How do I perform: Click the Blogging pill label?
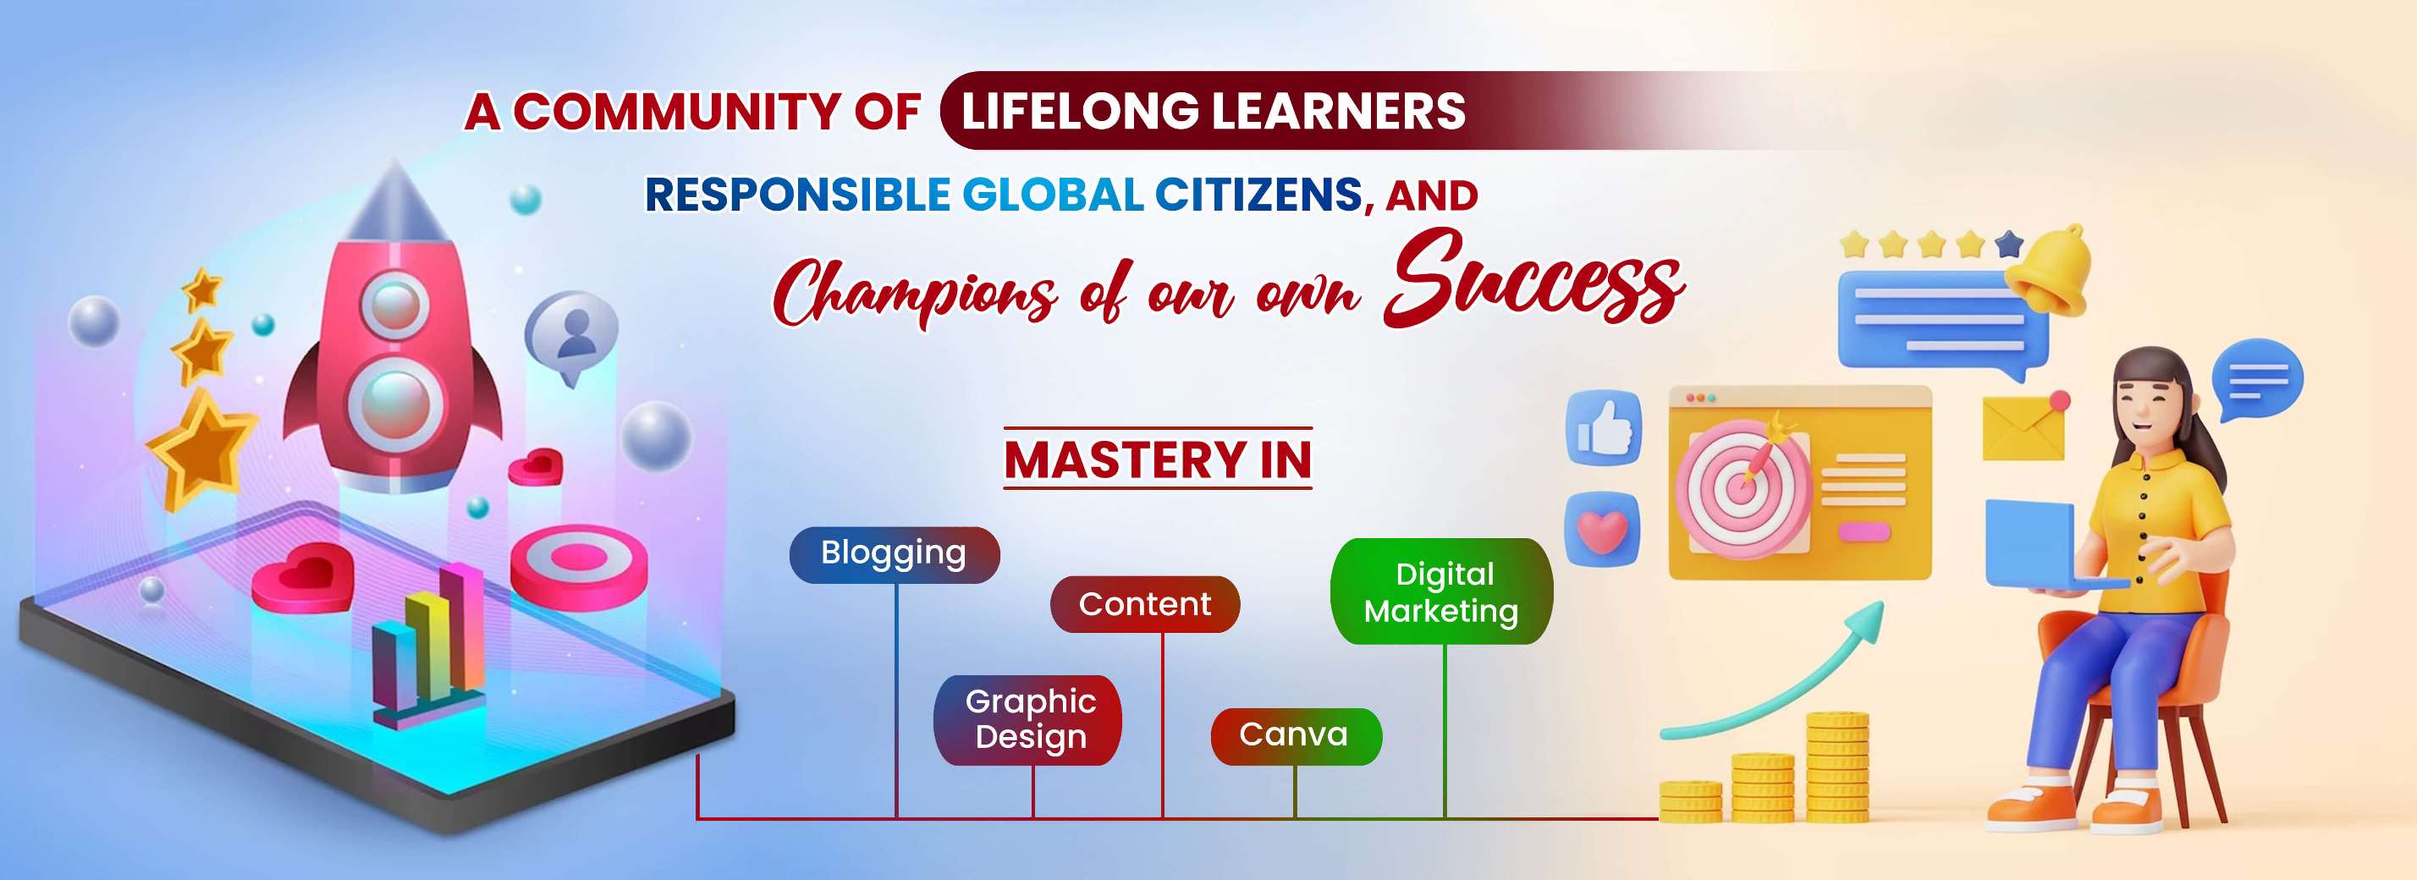895,554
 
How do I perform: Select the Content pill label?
1145,604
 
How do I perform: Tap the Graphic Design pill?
1028,719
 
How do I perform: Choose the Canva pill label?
1296,735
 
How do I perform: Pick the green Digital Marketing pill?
1441,591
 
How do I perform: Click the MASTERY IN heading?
1158,459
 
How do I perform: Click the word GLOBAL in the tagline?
1053,195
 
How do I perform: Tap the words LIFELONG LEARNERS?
1214,111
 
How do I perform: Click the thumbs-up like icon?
1605,428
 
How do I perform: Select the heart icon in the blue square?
1603,530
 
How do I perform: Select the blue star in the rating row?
2009,244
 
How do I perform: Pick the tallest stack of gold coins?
1837,767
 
